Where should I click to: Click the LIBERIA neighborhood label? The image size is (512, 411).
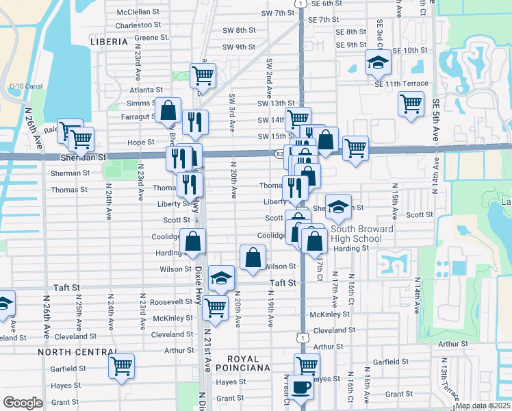tap(109, 42)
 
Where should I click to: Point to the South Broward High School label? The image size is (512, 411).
tap(362, 234)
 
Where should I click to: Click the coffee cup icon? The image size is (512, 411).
tap(300, 387)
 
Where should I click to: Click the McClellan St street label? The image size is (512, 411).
tap(138, 12)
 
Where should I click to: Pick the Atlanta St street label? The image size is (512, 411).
tap(144, 90)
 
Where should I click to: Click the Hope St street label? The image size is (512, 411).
tap(140, 142)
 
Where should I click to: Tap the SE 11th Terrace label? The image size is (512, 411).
tap(401, 84)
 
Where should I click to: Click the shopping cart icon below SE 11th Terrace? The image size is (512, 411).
tap(411, 105)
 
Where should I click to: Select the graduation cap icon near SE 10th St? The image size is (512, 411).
tap(377, 62)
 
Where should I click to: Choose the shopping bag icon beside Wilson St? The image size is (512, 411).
tap(253, 258)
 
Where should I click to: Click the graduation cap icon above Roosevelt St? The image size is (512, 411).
tap(221, 278)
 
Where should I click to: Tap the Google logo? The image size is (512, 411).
tap(23, 402)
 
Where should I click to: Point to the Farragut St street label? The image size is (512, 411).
tap(136, 116)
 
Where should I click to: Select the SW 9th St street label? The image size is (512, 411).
tap(238, 47)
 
